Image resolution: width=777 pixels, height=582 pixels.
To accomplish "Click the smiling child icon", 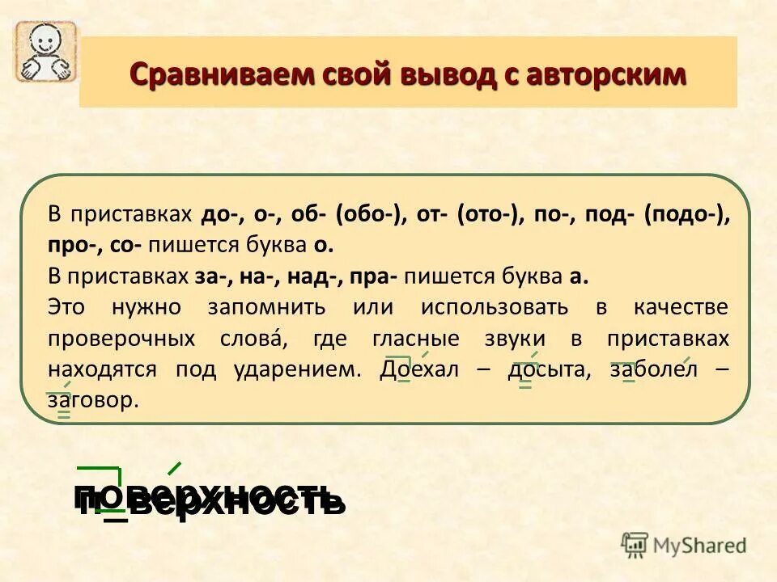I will (45, 51).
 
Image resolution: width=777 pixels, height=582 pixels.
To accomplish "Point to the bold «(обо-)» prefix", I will (371, 216).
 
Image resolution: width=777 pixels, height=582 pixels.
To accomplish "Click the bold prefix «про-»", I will (70, 245).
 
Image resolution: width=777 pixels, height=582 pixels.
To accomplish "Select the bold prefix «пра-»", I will (372, 276).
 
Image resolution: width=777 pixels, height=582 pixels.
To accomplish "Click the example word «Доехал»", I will (418, 369).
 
